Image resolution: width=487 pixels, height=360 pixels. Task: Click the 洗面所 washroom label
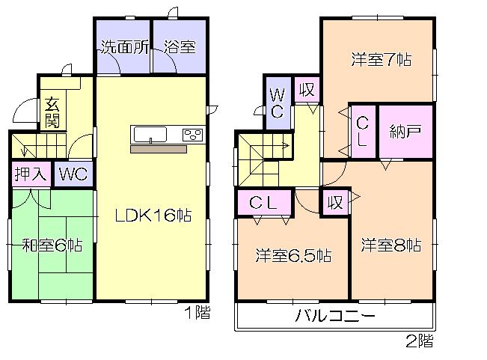click(x=123, y=47)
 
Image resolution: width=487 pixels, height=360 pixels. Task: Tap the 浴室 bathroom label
click(x=180, y=47)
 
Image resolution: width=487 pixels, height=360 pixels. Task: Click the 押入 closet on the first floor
click(x=31, y=174)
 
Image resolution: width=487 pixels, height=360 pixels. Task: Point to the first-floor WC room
click(x=73, y=174)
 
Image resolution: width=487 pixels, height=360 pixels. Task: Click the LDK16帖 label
click(x=153, y=216)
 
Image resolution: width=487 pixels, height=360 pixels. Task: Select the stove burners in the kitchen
click(x=192, y=135)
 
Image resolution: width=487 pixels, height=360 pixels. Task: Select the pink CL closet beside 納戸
click(x=362, y=132)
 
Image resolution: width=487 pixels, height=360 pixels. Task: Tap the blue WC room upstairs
click(x=276, y=103)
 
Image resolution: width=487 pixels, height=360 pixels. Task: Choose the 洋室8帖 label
click(x=390, y=245)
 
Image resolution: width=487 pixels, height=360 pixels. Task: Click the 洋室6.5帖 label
click(x=293, y=255)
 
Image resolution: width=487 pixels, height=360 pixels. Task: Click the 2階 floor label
click(x=419, y=344)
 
